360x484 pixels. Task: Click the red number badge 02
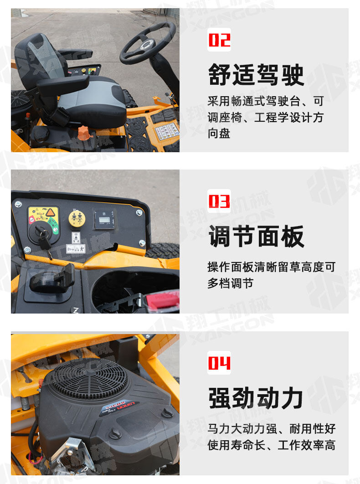point(219,40)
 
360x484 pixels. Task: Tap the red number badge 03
point(219,201)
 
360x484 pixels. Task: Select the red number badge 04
point(219,363)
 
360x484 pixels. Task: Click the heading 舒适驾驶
point(256,75)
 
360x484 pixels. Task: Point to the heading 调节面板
point(256,236)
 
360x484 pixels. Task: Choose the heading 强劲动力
point(256,398)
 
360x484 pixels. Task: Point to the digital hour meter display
point(104,220)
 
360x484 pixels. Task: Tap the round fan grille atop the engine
point(88,379)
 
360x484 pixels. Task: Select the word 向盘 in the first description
point(219,134)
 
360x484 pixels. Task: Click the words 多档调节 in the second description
point(230,283)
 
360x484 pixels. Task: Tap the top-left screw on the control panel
point(18,204)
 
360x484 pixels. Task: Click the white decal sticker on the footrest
point(167,131)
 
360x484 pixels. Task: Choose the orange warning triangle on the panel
point(50,212)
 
